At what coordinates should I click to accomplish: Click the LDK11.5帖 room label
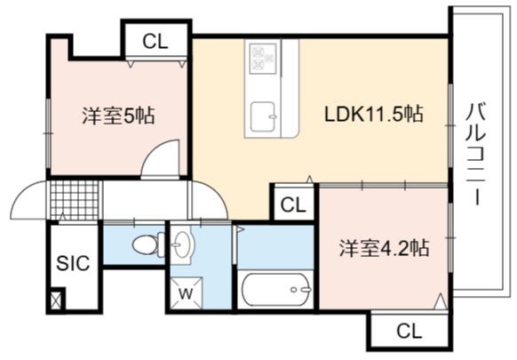(373, 114)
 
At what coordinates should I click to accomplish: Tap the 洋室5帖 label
(118, 116)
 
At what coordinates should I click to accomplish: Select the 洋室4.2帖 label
(384, 248)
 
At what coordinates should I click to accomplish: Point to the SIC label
(73, 263)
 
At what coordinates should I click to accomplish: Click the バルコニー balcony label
(476, 154)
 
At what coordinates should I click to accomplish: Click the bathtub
(276, 290)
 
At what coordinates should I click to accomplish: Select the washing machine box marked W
(187, 293)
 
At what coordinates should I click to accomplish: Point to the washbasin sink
(181, 244)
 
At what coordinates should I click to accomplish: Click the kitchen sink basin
(264, 116)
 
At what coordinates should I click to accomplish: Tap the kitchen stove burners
(264, 59)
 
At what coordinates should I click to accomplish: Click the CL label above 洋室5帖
(155, 42)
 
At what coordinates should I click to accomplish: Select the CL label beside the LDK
(293, 205)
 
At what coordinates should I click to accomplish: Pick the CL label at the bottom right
(410, 331)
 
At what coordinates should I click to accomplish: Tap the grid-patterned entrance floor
(75, 200)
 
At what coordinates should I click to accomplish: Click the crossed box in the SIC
(56, 300)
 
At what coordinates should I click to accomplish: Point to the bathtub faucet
(301, 290)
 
